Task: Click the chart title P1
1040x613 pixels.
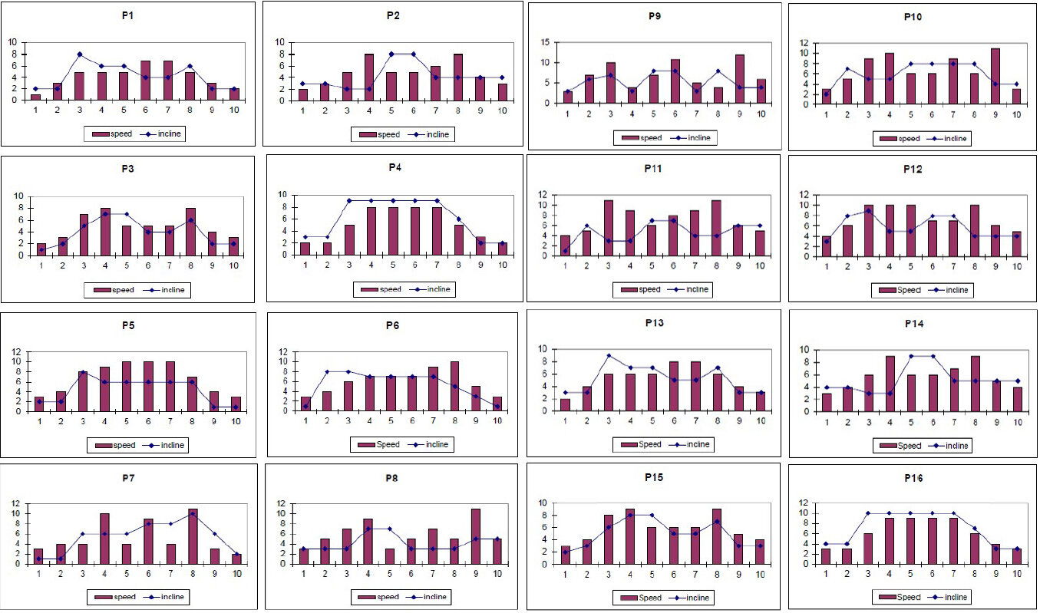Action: pos(127,15)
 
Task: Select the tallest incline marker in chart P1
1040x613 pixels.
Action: pos(79,54)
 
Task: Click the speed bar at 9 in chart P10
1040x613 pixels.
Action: pos(995,74)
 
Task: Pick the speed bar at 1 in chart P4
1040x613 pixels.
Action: pos(305,249)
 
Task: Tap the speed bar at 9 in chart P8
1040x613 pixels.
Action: pos(476,536)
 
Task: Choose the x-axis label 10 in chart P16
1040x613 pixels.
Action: pos(1016,576)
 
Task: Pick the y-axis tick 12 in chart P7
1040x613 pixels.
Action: pos(15,504)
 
